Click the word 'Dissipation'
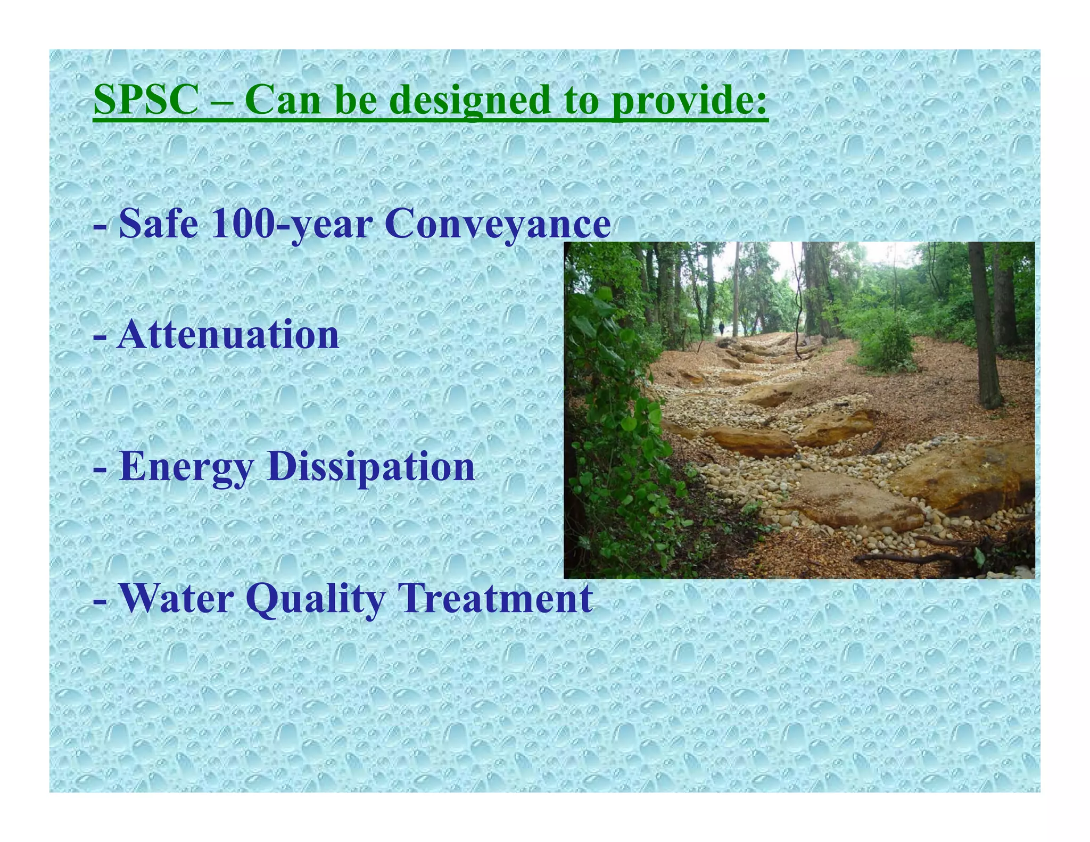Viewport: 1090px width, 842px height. click(x=371, y=466)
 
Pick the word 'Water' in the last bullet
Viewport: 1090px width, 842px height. click(x=176, y=598)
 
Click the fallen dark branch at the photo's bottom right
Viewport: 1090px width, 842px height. click(x=905, y=557)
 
